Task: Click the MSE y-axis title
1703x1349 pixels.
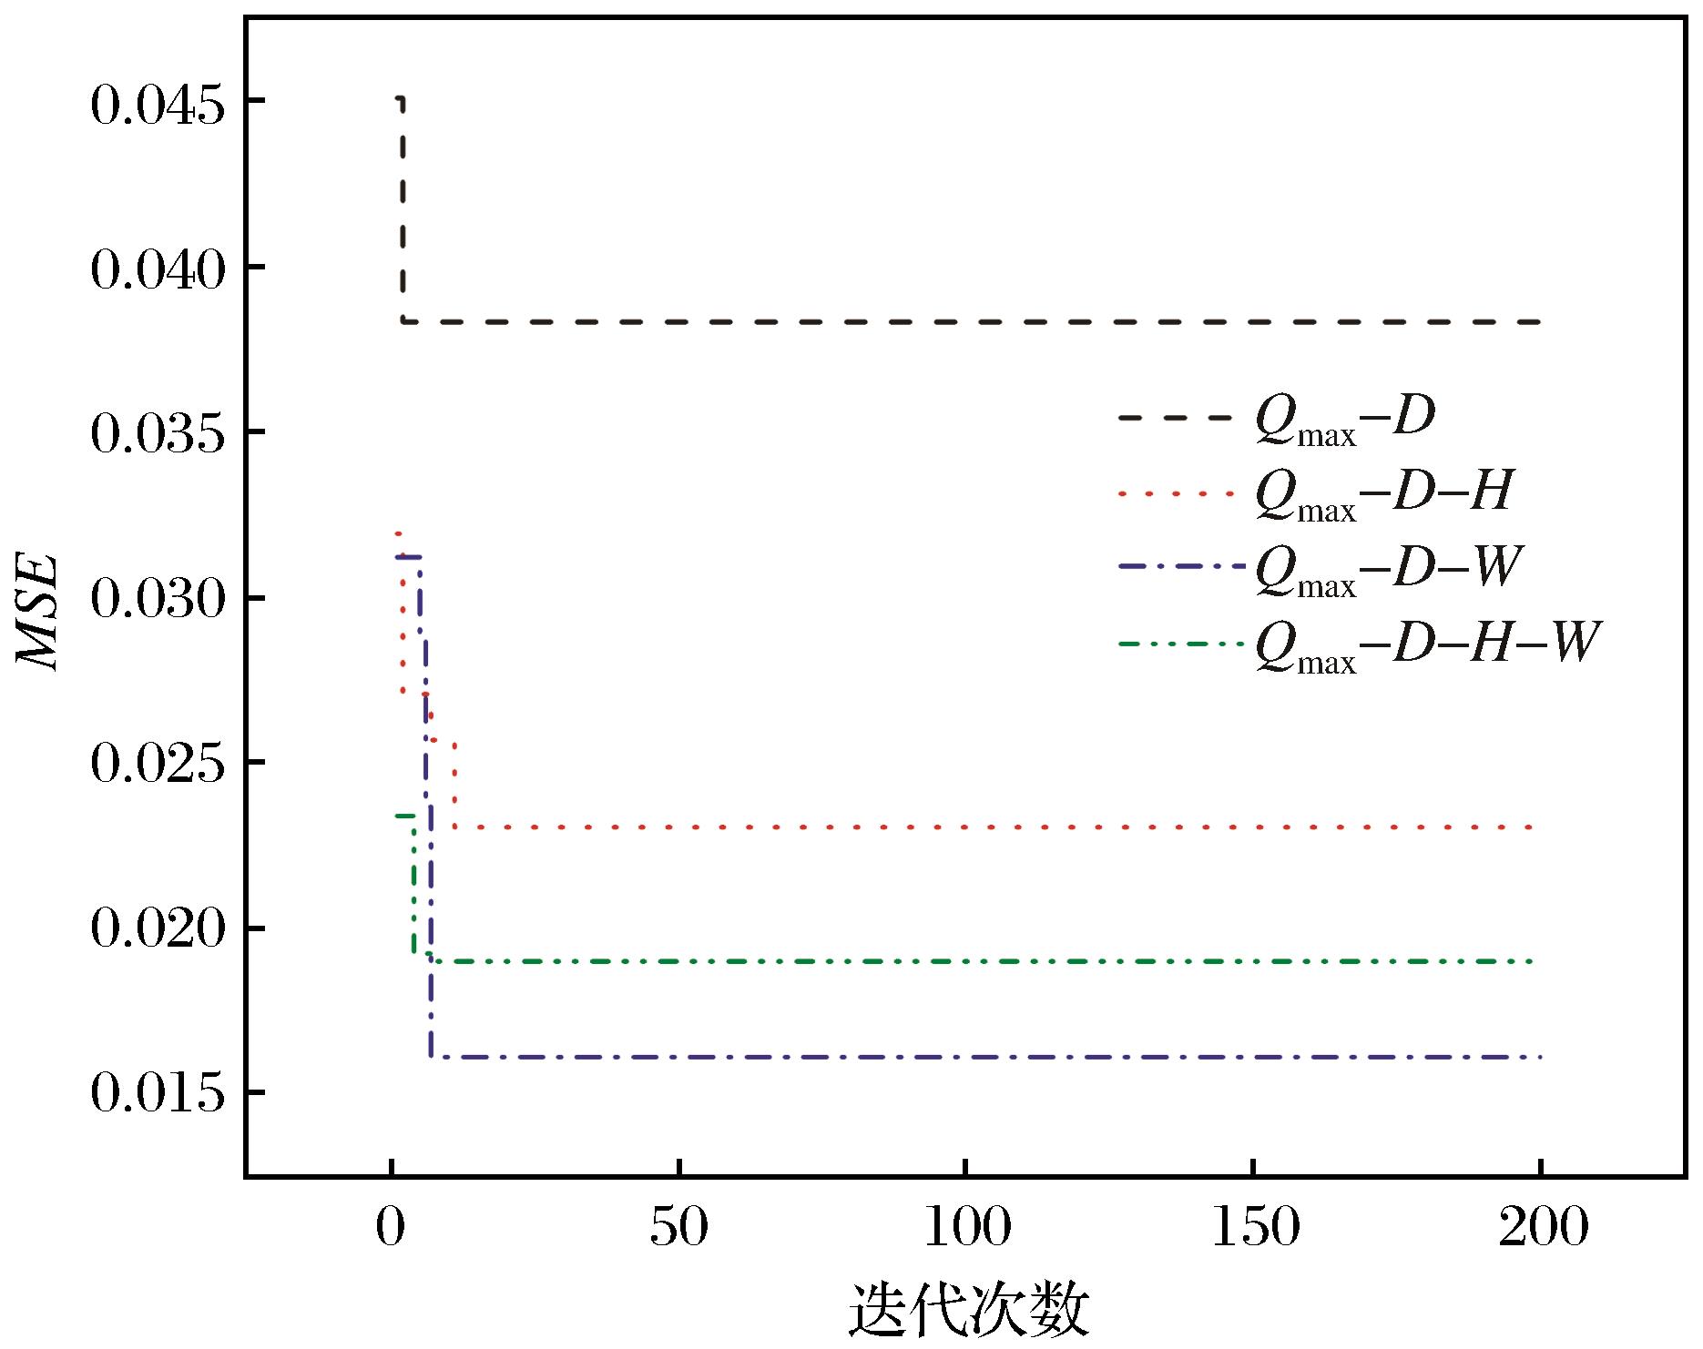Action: tap(39, 611)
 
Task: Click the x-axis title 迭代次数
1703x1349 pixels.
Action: tap(968, 1312)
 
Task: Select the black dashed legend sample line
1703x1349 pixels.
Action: tap(1177, 418)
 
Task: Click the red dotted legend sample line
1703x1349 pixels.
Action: tap(1177, 493)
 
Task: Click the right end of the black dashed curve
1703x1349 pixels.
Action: tap(1539, 322)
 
